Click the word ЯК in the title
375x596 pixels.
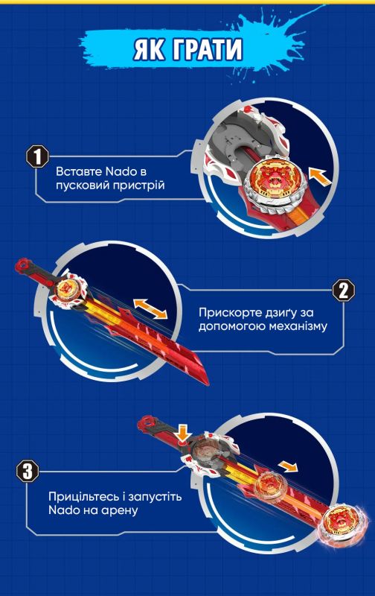152,50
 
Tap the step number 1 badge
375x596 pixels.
34,157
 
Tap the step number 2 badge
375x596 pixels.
342,291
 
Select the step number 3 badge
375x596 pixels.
28,471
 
